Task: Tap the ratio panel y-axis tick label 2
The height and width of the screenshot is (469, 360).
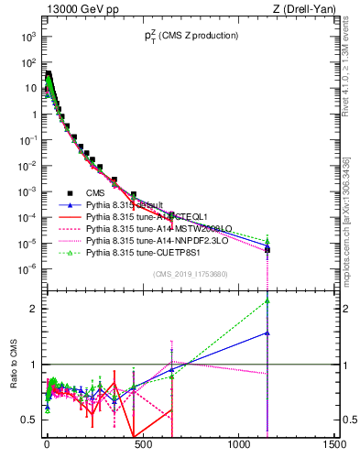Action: click(x=34, y=309)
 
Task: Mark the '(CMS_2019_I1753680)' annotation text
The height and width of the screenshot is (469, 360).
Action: click(x=191, y=273)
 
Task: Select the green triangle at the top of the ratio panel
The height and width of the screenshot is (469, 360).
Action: click(x=267, y=300)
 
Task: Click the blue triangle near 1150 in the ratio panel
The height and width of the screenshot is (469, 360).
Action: click(x=267, y=333)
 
